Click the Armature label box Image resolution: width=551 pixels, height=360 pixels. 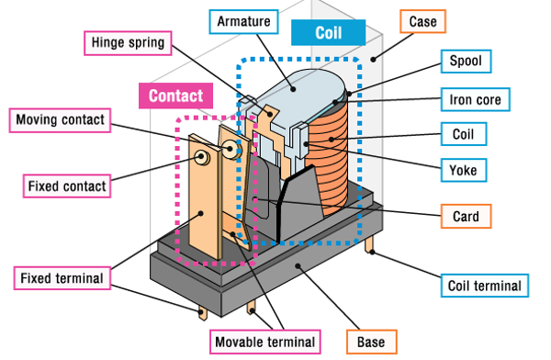pos(243,22)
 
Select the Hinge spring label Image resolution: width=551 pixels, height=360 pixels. pos(128,43)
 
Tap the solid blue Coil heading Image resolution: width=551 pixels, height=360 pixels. pos(328,33)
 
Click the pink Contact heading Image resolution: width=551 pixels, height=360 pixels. pos(175,96)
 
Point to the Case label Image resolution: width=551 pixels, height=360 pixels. pos(422,21)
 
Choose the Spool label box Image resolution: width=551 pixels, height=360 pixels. pos(466,62)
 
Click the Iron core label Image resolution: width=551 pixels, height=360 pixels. pos(476,99)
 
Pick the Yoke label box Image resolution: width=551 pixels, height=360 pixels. pos(464,170)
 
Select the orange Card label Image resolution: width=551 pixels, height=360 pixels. pos(466,216)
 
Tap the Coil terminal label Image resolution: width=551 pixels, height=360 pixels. pos(485,286)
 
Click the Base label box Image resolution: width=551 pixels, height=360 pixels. pos(371,342)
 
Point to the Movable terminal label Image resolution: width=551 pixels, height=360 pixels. pos(265,342)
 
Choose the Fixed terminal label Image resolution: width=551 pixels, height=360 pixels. pos(62,278)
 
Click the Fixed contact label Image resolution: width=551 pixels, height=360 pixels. pos(67,186)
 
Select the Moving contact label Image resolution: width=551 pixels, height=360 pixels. pos(60,120)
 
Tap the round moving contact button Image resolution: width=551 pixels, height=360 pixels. pos(231,149)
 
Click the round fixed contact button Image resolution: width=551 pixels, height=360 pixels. pos(202,156)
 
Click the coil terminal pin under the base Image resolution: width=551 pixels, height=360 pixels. pos(369,244)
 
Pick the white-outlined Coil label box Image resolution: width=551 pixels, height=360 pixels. pos(464,134)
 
